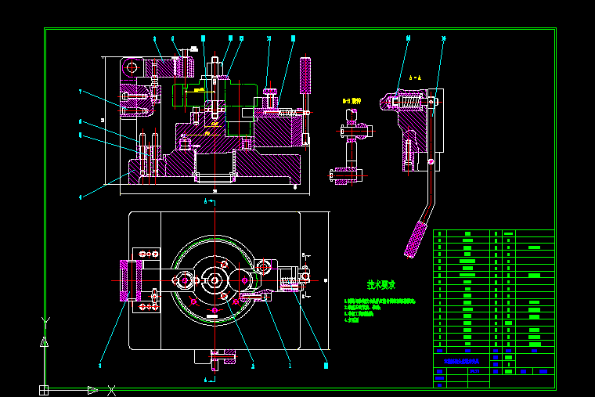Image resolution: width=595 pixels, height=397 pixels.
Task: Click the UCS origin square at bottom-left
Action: pos(44,389)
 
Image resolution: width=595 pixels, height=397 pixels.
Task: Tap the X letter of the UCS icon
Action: pos(112,389)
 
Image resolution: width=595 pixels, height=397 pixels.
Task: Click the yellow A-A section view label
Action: pos(414,78)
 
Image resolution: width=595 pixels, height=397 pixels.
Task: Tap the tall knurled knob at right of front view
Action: pos(305,74)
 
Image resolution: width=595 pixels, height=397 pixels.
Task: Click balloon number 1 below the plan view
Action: pos(290,365)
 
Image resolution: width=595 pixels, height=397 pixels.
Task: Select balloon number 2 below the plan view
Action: pos(252,365)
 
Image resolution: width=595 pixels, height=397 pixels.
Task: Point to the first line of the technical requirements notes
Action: pos(380,301)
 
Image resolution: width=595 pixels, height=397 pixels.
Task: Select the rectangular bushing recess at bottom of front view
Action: pos(214,164)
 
